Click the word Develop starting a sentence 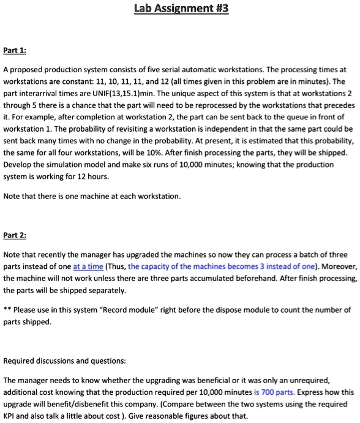(x=18, y=165)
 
